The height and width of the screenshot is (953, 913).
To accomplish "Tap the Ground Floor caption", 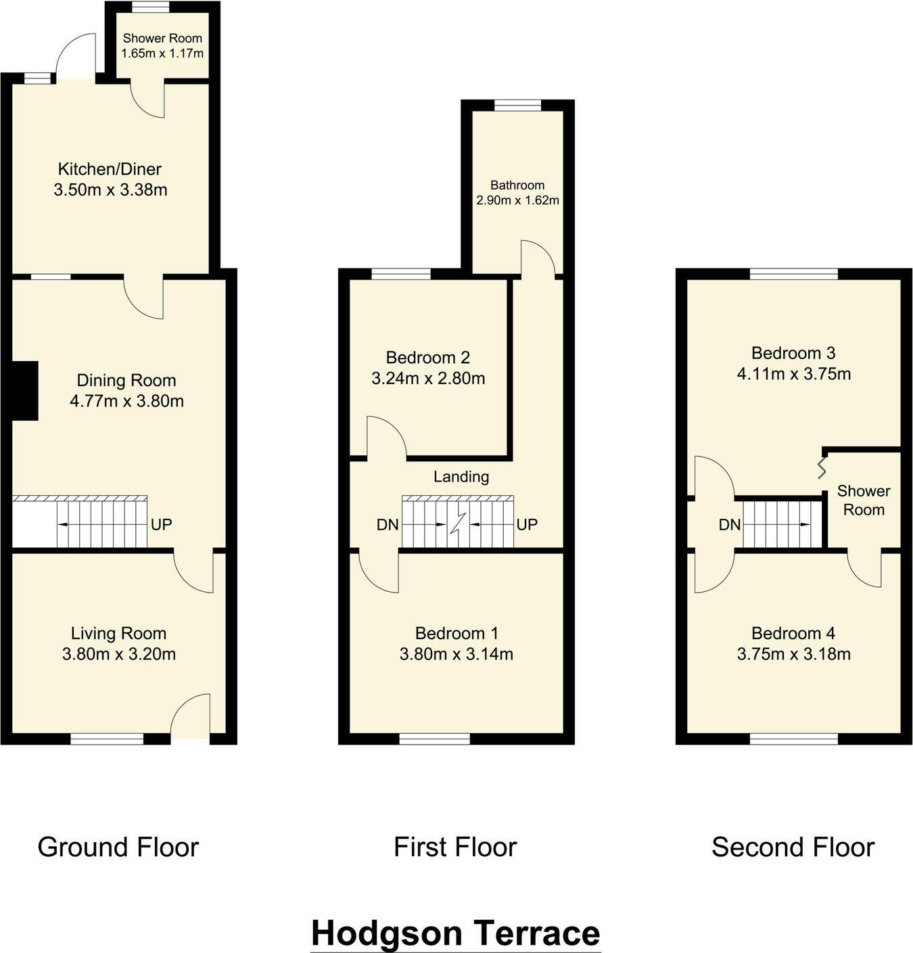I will [x=118, y=847].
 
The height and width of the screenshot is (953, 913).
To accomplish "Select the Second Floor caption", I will [x=793, y=847].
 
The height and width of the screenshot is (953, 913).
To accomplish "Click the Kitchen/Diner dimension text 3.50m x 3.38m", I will [x=110, y=190].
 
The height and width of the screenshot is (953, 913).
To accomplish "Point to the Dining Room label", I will [x=126, y=380].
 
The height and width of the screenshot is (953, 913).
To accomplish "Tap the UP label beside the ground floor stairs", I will [x=161, y=524].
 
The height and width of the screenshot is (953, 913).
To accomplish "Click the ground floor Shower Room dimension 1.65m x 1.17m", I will [x=162, y=53].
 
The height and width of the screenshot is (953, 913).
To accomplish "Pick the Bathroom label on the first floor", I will [x=517, y=185].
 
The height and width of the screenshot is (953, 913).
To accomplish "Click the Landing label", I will [x=461, y=477].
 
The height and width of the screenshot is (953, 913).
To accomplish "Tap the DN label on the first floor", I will [x=387, y=525].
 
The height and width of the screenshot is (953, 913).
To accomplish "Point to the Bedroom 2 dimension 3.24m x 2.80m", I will [x=428, y=378].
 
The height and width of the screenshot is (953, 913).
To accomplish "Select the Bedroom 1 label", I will [x=456, y=633].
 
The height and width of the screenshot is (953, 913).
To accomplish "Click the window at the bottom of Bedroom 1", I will [x=435, y=739].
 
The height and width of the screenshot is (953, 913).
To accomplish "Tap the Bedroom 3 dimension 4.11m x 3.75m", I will [x=793, y=373].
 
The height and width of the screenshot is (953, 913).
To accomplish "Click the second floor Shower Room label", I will [x=864, y=501].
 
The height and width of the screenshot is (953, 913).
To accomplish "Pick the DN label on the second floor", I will [x=730, y=525].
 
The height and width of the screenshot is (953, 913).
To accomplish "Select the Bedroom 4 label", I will [x=793, y=633].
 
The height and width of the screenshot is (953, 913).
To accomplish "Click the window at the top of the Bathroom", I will [x=517, y=105].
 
